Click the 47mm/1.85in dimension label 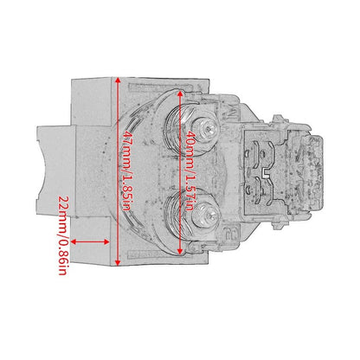coord(128,170)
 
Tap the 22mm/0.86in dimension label coord(63,235)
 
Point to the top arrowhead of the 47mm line coord(118,80)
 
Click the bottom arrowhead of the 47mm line coord(118,262)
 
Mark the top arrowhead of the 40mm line coord(180,93)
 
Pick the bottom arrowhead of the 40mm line coord(180,252)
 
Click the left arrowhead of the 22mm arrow coord(74,241)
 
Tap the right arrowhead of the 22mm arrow coord(106,241)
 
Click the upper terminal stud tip coord(209,129)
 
